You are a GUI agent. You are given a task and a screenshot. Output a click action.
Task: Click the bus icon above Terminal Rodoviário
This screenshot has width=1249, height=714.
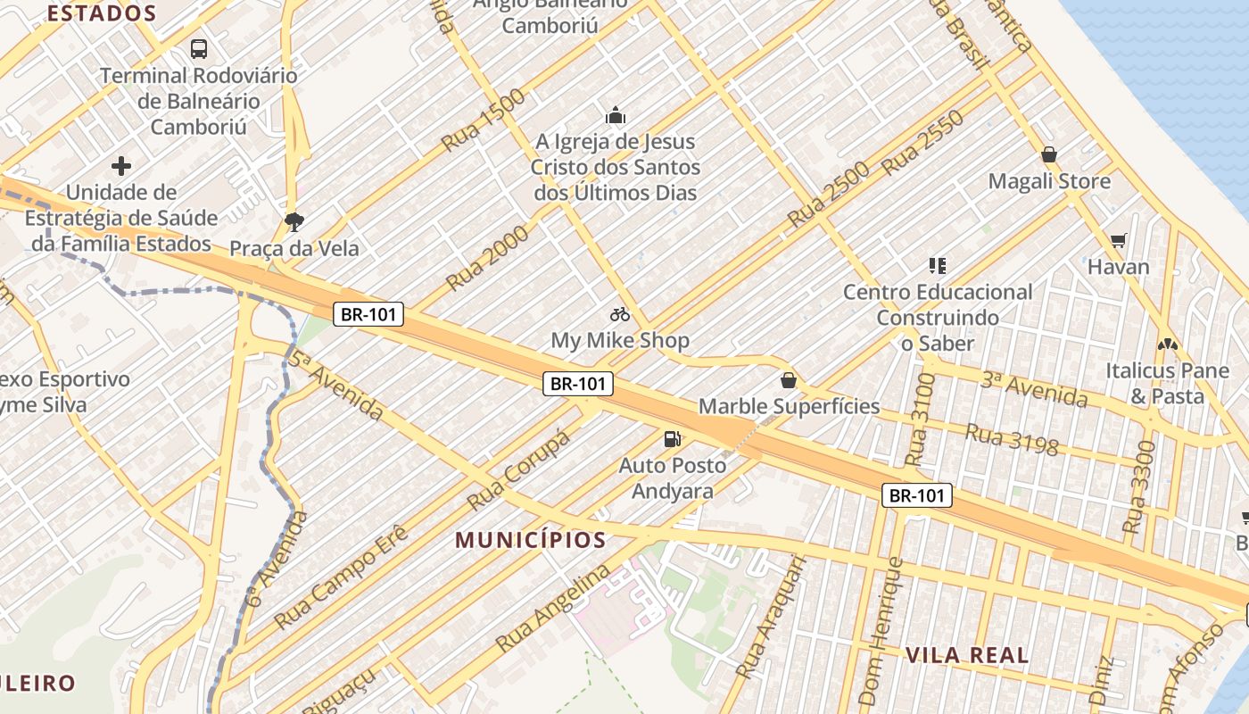199,49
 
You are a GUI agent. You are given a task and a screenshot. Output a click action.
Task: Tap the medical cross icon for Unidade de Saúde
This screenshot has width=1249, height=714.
121,166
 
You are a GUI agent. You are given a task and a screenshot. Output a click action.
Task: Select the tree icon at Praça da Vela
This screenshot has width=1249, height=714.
294,222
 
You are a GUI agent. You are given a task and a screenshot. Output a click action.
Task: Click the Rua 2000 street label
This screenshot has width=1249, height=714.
487,258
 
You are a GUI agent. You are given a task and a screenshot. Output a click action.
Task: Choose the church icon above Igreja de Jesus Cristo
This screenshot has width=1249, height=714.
616,115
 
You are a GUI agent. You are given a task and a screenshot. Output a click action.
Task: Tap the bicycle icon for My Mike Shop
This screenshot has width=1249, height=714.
620,314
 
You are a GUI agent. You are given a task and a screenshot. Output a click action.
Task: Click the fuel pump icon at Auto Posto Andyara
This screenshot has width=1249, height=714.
672,438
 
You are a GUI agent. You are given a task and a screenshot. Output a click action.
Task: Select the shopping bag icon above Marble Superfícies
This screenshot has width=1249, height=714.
789,381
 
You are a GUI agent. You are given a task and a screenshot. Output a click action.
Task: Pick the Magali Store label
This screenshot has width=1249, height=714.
1049,182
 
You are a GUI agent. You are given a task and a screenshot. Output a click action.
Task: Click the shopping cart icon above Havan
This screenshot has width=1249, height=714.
1119,240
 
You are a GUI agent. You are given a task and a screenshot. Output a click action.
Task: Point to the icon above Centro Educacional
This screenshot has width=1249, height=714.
938,265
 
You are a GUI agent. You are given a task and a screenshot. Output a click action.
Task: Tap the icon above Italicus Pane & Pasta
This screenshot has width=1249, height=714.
1167,344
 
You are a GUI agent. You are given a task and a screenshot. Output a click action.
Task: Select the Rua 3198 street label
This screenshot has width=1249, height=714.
1012,439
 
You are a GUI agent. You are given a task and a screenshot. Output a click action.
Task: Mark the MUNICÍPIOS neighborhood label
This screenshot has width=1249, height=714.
531,540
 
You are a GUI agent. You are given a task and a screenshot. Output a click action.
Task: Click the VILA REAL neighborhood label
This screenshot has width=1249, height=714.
967,655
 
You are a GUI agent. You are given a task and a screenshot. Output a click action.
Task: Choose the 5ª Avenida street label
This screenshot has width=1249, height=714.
336,385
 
